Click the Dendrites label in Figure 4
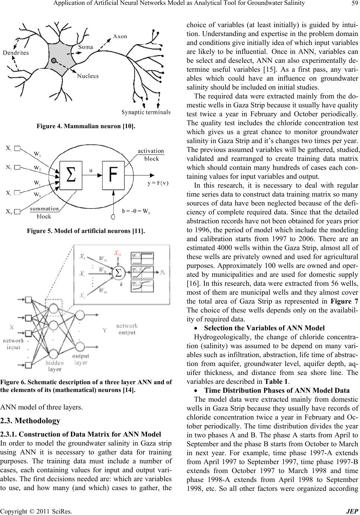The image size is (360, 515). [16, 53]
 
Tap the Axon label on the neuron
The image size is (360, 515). [120, 36]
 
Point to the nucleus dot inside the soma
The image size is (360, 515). [54, 61]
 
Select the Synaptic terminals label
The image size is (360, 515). [146, 112]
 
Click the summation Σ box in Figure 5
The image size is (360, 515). [71, 175]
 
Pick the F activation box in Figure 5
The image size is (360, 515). [113, 175]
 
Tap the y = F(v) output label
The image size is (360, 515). [158, 183]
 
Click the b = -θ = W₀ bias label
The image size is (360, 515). [136, 211]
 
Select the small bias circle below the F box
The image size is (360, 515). [113, 217]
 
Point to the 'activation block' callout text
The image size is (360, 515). [151, 155]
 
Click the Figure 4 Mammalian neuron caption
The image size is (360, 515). [86, 126]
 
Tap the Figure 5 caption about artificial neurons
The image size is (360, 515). [86, 231]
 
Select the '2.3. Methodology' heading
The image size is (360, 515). [30, 421]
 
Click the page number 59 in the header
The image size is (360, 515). [354, 3]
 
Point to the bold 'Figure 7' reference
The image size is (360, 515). [344, 301]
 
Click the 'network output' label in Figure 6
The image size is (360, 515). [127, 329]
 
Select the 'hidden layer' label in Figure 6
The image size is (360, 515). [55, 366]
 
